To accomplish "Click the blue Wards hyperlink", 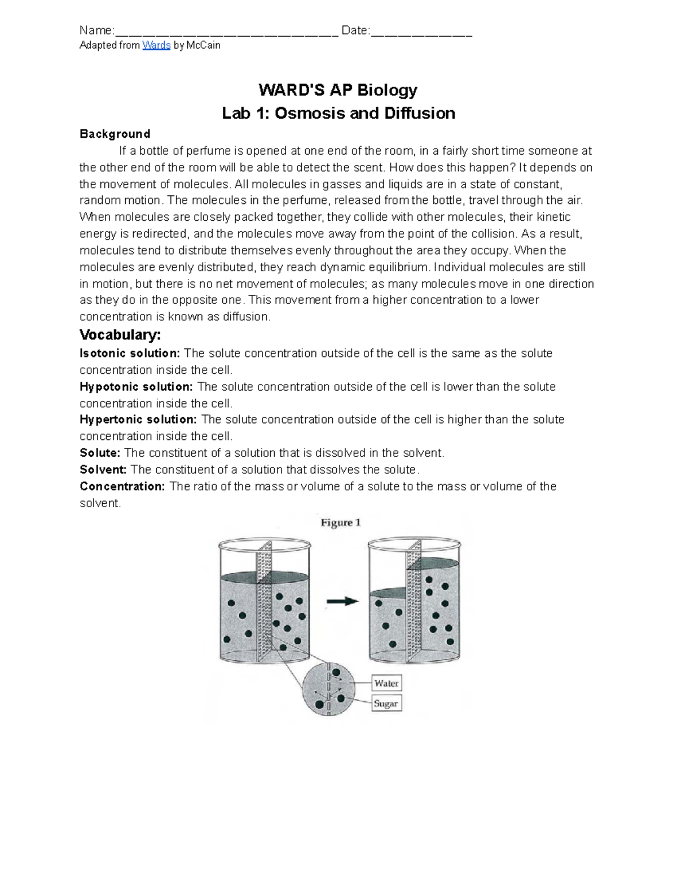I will [x=156, y=45].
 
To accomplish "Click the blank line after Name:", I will [x=226, y=32].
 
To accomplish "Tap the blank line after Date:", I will [x=421, y=32].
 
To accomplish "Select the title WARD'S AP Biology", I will [x=338, y=90].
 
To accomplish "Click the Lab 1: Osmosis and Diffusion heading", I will [x=338, y=113].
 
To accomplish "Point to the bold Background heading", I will [x=115, y=134].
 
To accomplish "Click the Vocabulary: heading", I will [x=120, y=335].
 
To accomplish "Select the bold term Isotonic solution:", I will [x=130, y=354].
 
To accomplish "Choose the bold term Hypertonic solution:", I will [x=138, y=420].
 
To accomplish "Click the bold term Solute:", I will [x=100, y=453].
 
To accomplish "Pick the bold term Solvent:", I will [x=103, y=470].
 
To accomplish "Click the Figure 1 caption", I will [x=340, y=523].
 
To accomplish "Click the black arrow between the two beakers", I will [x=342, y=601].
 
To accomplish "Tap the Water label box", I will [x=386, y=683].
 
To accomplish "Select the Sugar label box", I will [x=386, y=704].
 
